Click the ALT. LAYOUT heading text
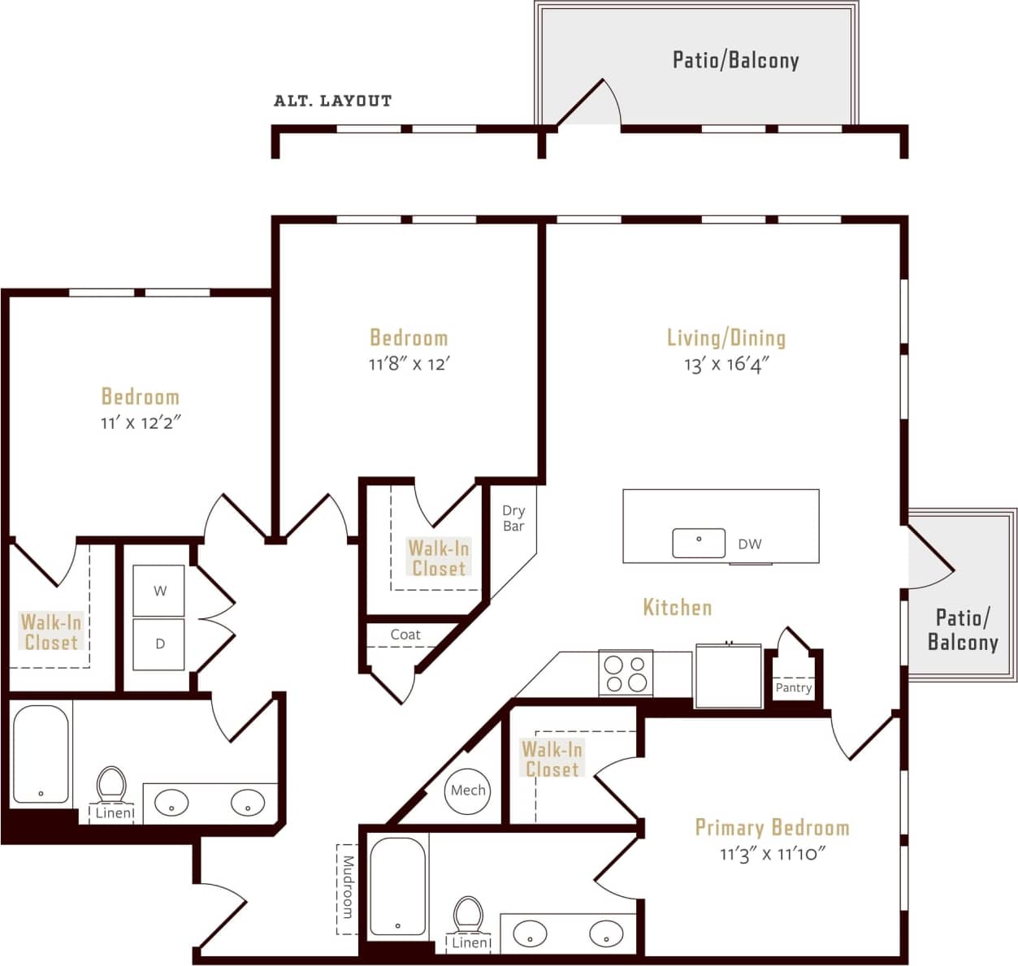pos(332,101)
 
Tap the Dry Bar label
pos(513,518)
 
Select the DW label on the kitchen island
pos(750,544)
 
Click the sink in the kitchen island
pos(699,543)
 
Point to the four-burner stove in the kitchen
pos(626,674)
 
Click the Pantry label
pos(794,688)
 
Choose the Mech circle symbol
pos(468,791)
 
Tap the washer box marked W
pos(159,591)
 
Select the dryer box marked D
pos(159,643)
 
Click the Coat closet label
pos(405,635)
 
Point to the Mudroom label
pos(348,886)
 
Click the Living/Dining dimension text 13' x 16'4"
pos(726,365)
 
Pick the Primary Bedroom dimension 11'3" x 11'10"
pos(772,854)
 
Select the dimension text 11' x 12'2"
pos(140,422)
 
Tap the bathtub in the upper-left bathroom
pos(41,755)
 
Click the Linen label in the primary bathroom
pos(470,943)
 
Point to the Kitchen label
pos(677,607)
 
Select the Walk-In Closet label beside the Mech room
pos(552,759)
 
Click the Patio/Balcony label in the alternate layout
pos(735,60)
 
